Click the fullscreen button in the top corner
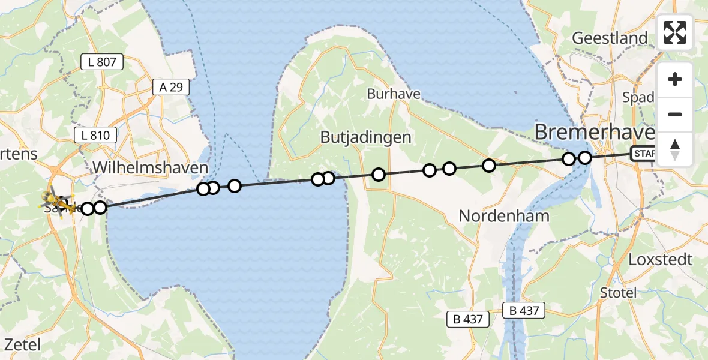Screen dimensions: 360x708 pos(675,32)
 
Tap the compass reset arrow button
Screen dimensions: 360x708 pos(675,149)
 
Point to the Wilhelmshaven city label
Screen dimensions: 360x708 pos(150,167)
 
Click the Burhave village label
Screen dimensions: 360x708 pos(394,94)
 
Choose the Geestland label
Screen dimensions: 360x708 pos(610,38)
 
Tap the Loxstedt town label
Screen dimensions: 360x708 pos(660,260)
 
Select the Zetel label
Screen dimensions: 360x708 pos(22,344)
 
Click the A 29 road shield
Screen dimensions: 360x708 pos(171,87)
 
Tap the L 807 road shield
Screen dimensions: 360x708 pos(102,61)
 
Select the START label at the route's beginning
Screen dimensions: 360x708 pos(644,154)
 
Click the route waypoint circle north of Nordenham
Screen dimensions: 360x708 pos(489,165)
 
